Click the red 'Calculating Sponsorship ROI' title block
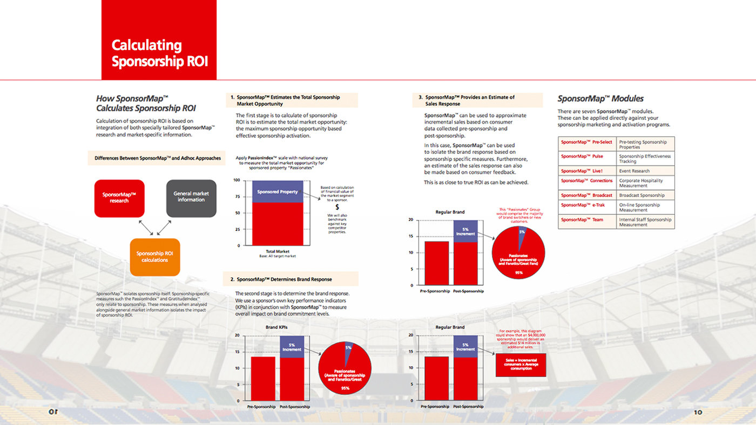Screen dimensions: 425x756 (159, 40)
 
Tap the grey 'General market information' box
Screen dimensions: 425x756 (191, 198)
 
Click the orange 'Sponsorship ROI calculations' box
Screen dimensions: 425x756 (155, 257)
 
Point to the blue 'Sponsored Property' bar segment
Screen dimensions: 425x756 (278, 191)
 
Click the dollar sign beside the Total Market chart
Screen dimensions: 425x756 (337, 207)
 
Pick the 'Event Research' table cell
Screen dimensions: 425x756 (645, 171)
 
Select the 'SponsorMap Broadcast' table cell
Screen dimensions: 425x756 (587, 195)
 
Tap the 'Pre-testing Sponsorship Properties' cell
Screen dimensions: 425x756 (645, 145)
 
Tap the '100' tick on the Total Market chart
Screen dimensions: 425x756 (237, 180)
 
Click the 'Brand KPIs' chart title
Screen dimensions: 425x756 (276, 327)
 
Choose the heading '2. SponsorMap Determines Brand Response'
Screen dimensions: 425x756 (284, 279)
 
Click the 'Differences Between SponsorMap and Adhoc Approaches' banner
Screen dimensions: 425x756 (157, 158)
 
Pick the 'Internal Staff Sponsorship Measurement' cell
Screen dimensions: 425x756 (645, 222)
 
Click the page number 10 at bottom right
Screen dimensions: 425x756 (698, 412)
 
